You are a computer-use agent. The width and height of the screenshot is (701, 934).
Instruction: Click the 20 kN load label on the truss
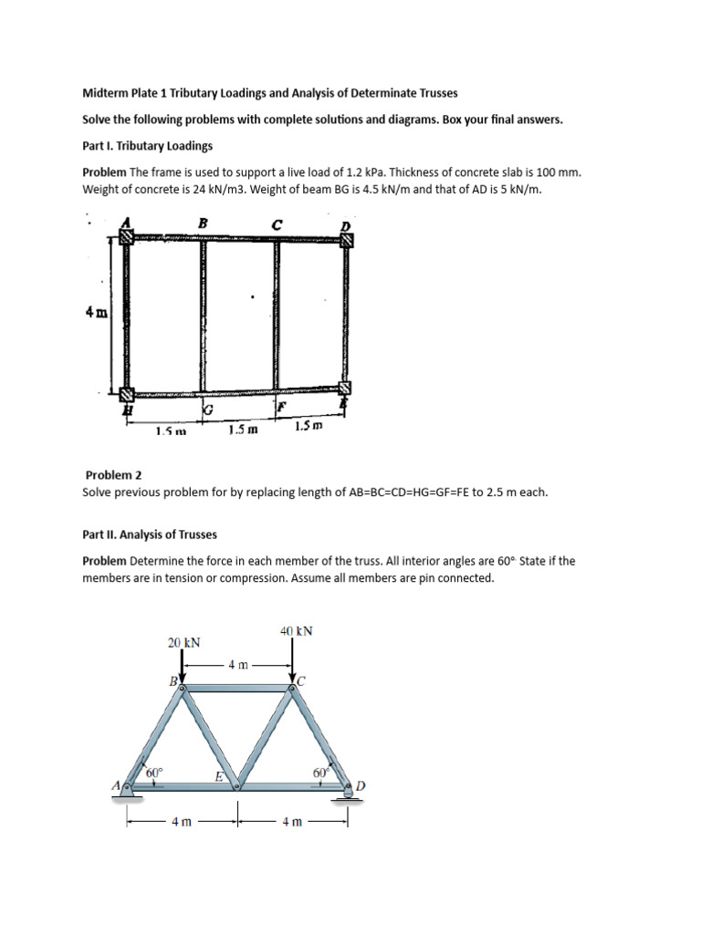(184, 642)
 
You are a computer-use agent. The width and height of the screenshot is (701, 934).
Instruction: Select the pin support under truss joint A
(129, 794)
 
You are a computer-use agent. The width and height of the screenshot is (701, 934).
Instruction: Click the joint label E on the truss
(219, 776)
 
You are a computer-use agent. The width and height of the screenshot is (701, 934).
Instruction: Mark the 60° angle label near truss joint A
(156, 772)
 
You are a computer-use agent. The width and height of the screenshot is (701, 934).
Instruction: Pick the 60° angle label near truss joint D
(320, 772)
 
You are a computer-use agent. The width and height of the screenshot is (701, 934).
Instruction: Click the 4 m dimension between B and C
(237, 665)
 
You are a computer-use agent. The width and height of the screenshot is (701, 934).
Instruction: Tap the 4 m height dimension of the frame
(95, 312)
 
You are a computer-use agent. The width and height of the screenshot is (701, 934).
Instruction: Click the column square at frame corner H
(125, 394)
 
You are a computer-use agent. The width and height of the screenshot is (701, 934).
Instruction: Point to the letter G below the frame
(207, 411)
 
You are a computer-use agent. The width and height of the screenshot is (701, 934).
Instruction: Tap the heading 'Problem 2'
(113, 475)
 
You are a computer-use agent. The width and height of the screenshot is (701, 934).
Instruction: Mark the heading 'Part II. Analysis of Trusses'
(150, 534)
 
